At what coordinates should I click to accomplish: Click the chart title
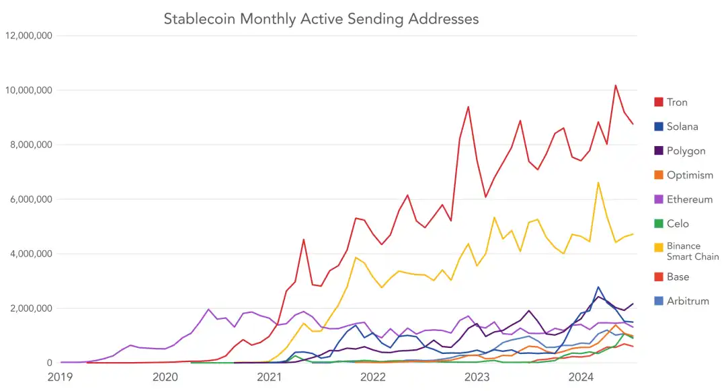click(321, 18)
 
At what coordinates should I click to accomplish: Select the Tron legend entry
click(677, 102)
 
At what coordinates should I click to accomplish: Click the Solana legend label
click(682, 127)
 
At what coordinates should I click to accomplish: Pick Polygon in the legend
click(686, 151)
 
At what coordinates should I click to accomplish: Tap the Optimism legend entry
click(690, 175)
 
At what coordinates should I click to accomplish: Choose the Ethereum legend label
click(689, 199)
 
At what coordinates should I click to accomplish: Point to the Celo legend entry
click(678, 223)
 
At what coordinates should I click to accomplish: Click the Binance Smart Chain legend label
click(692, 251)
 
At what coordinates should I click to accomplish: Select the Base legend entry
click(678, 277)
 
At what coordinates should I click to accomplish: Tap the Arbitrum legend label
click(688, 301)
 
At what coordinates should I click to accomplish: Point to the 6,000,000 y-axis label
click(30, 199)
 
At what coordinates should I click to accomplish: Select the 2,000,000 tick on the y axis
click(30, 308)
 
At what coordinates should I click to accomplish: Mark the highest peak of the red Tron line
click(615, 85)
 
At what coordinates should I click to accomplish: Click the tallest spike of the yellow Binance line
click(598, 182)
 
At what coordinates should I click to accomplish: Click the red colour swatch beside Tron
click(659, 102)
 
